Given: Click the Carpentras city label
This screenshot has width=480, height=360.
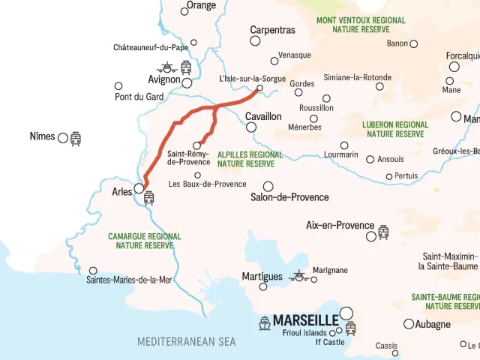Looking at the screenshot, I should tap(272, 31).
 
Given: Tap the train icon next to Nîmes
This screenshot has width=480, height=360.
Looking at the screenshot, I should tap(76, 139).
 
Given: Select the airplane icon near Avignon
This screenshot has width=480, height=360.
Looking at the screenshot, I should tap(166, 67).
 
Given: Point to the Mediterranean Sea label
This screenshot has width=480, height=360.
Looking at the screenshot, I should tap(186, 342).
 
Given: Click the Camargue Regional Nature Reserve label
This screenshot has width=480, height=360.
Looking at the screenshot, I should tap(145, 241).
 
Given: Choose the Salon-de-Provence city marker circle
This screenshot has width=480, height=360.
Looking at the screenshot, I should tap(268, 186).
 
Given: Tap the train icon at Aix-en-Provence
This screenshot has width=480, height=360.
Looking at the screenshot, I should tap(383, 232).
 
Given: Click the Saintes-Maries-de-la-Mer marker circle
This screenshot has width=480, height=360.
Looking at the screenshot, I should tap(93, 271).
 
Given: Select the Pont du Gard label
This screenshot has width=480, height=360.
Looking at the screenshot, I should tap(139, 97).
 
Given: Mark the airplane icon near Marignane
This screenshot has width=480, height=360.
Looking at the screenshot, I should tap(299, 277).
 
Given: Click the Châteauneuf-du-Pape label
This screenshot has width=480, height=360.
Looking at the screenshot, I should tap(150, 47).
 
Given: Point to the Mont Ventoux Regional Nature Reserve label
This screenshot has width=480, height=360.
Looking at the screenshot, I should tap(361, 25).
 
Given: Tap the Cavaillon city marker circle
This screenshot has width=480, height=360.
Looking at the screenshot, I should tap(251, 127).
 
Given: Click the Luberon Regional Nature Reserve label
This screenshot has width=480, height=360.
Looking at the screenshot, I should tap(395, 129).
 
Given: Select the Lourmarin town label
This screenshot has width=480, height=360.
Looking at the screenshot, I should tap(342, 155).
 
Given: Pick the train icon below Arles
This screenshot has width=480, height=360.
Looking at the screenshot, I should tap(148, 198).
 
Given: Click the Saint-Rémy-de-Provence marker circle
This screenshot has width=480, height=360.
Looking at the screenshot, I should tap(197, 145).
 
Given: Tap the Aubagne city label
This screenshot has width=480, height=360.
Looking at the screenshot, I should tap(433, 325).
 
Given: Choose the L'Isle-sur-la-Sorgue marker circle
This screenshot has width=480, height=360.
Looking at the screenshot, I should tap(259, 88).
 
